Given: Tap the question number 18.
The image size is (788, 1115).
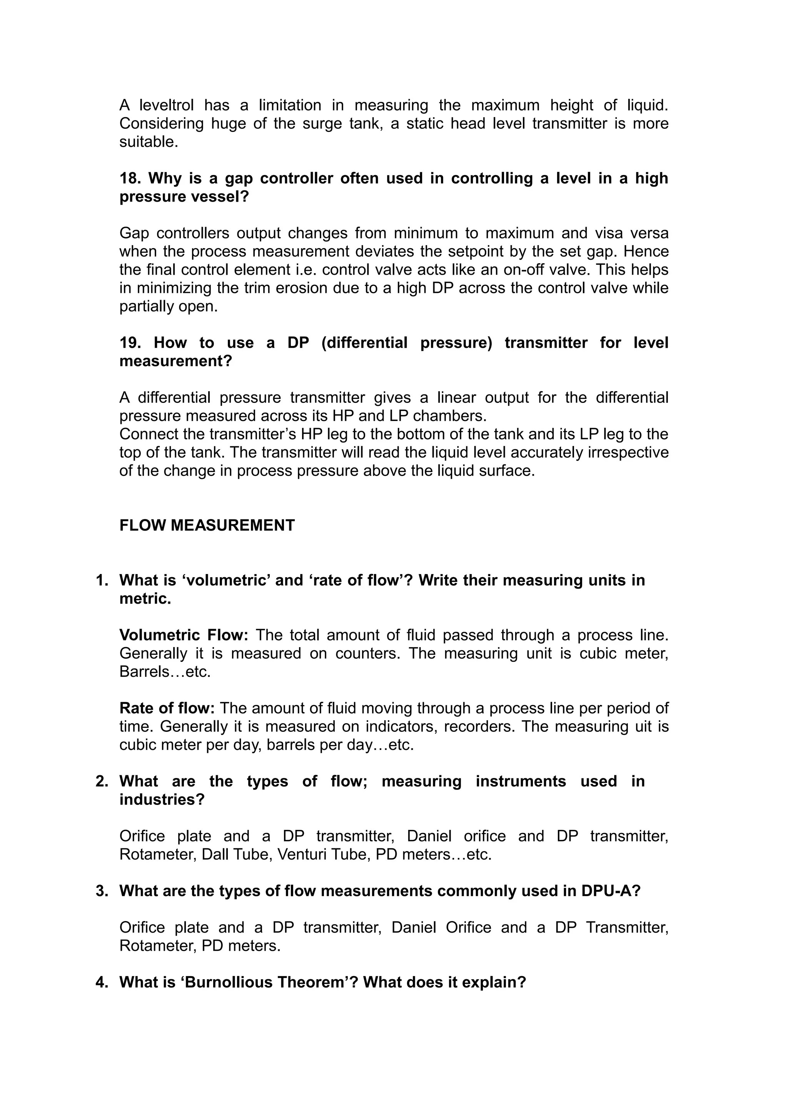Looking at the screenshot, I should (130, 179).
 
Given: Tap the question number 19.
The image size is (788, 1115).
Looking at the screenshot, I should (130, 343).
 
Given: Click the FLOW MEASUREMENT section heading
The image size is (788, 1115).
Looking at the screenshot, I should (207, 526).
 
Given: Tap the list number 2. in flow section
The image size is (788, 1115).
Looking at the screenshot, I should (102, 782).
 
